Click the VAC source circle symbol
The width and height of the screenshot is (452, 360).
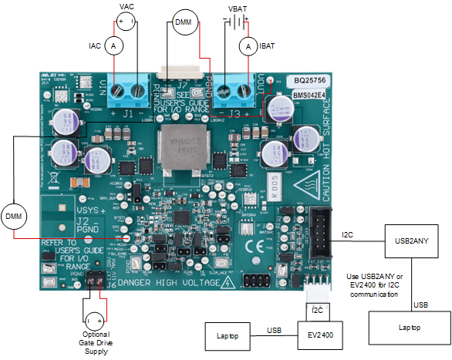coord(127,21)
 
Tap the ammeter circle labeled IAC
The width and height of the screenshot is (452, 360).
coord(114,47)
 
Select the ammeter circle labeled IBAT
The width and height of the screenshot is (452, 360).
coord(248,47)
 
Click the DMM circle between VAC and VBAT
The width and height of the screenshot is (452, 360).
coord(183,22)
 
